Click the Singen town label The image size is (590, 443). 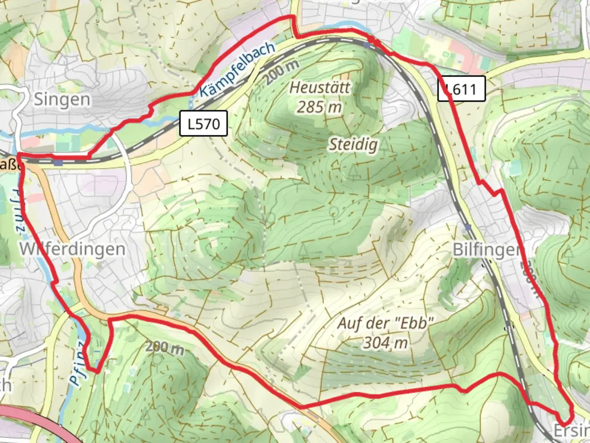coord(62,100)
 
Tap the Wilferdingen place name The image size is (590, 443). coord(73,249)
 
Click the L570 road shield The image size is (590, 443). coord(203,123)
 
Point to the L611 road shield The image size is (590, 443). coord(461,89)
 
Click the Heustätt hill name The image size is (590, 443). coord(320,87)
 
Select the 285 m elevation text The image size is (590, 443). coord(319,107)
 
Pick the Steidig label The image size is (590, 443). coord(353,144)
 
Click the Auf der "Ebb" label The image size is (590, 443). coord(385,323)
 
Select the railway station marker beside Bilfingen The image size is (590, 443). coord(468,227)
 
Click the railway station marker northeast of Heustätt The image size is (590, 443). coord(367,46)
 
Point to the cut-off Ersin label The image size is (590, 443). coord(571,431)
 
